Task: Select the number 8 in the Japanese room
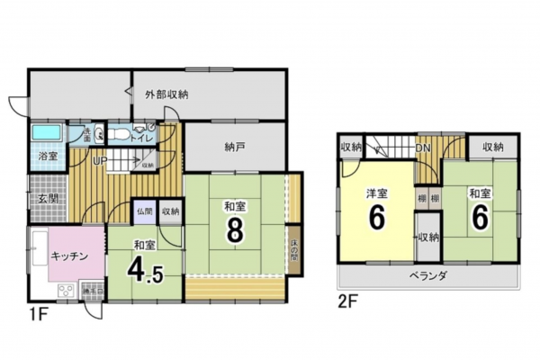click(x=236, y=230)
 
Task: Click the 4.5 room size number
click(x=145, y=269)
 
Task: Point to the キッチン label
click(x=68, y=256)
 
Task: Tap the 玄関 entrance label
click(x=48, y=199)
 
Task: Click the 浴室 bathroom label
click(x=47, y=157)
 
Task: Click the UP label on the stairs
click(x=101, y=161)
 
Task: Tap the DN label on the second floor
click(x=423, y=148)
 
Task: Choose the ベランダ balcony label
click(x=427, y=274)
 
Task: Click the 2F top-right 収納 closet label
click(x=491, y=148)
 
